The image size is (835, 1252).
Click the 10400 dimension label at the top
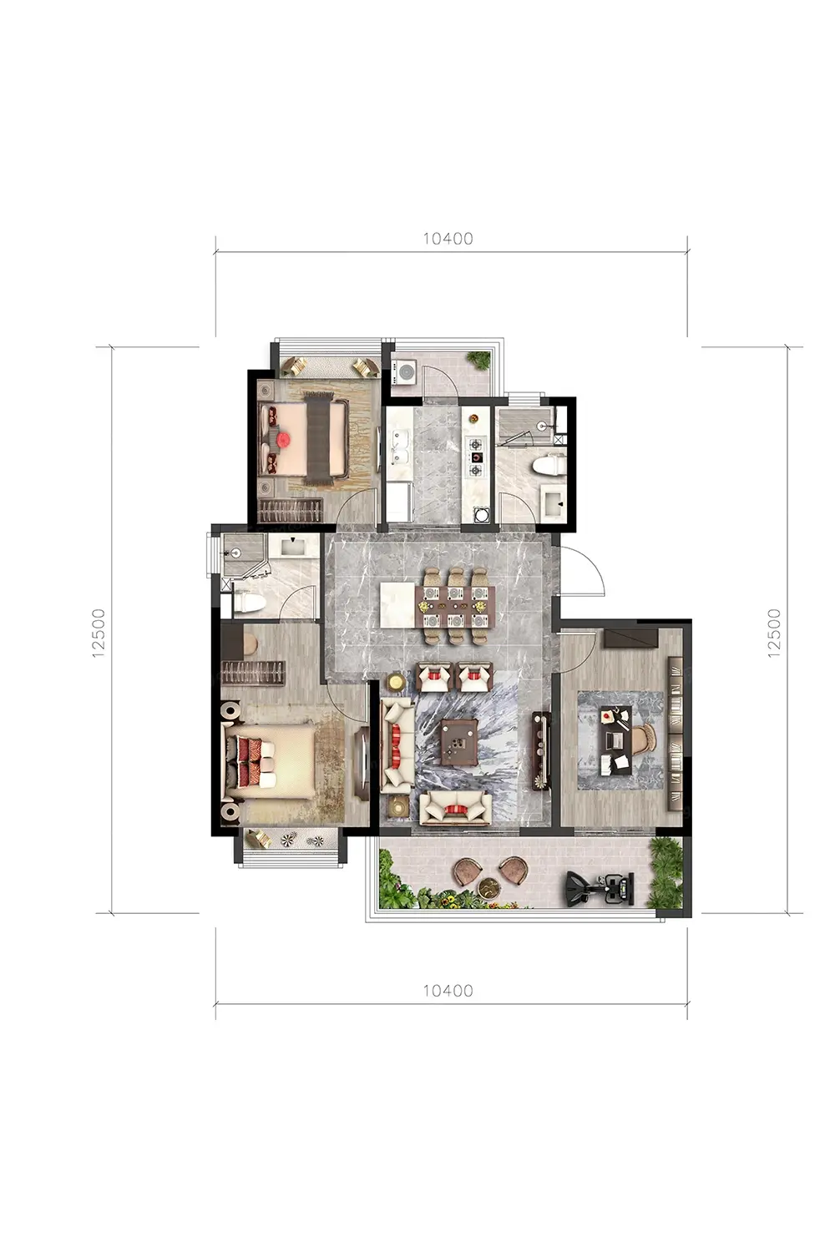point(448,239)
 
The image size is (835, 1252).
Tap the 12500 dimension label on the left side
point(99,633)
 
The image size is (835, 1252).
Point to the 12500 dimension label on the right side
point(773,633)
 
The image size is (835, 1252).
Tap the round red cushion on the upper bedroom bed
point(283,440)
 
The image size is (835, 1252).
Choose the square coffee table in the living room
point(460,742)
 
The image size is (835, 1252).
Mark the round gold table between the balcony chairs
point(491,889)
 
